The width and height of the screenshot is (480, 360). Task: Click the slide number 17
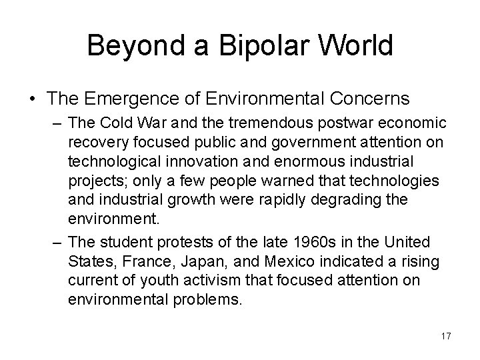(x=446, y=336)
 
